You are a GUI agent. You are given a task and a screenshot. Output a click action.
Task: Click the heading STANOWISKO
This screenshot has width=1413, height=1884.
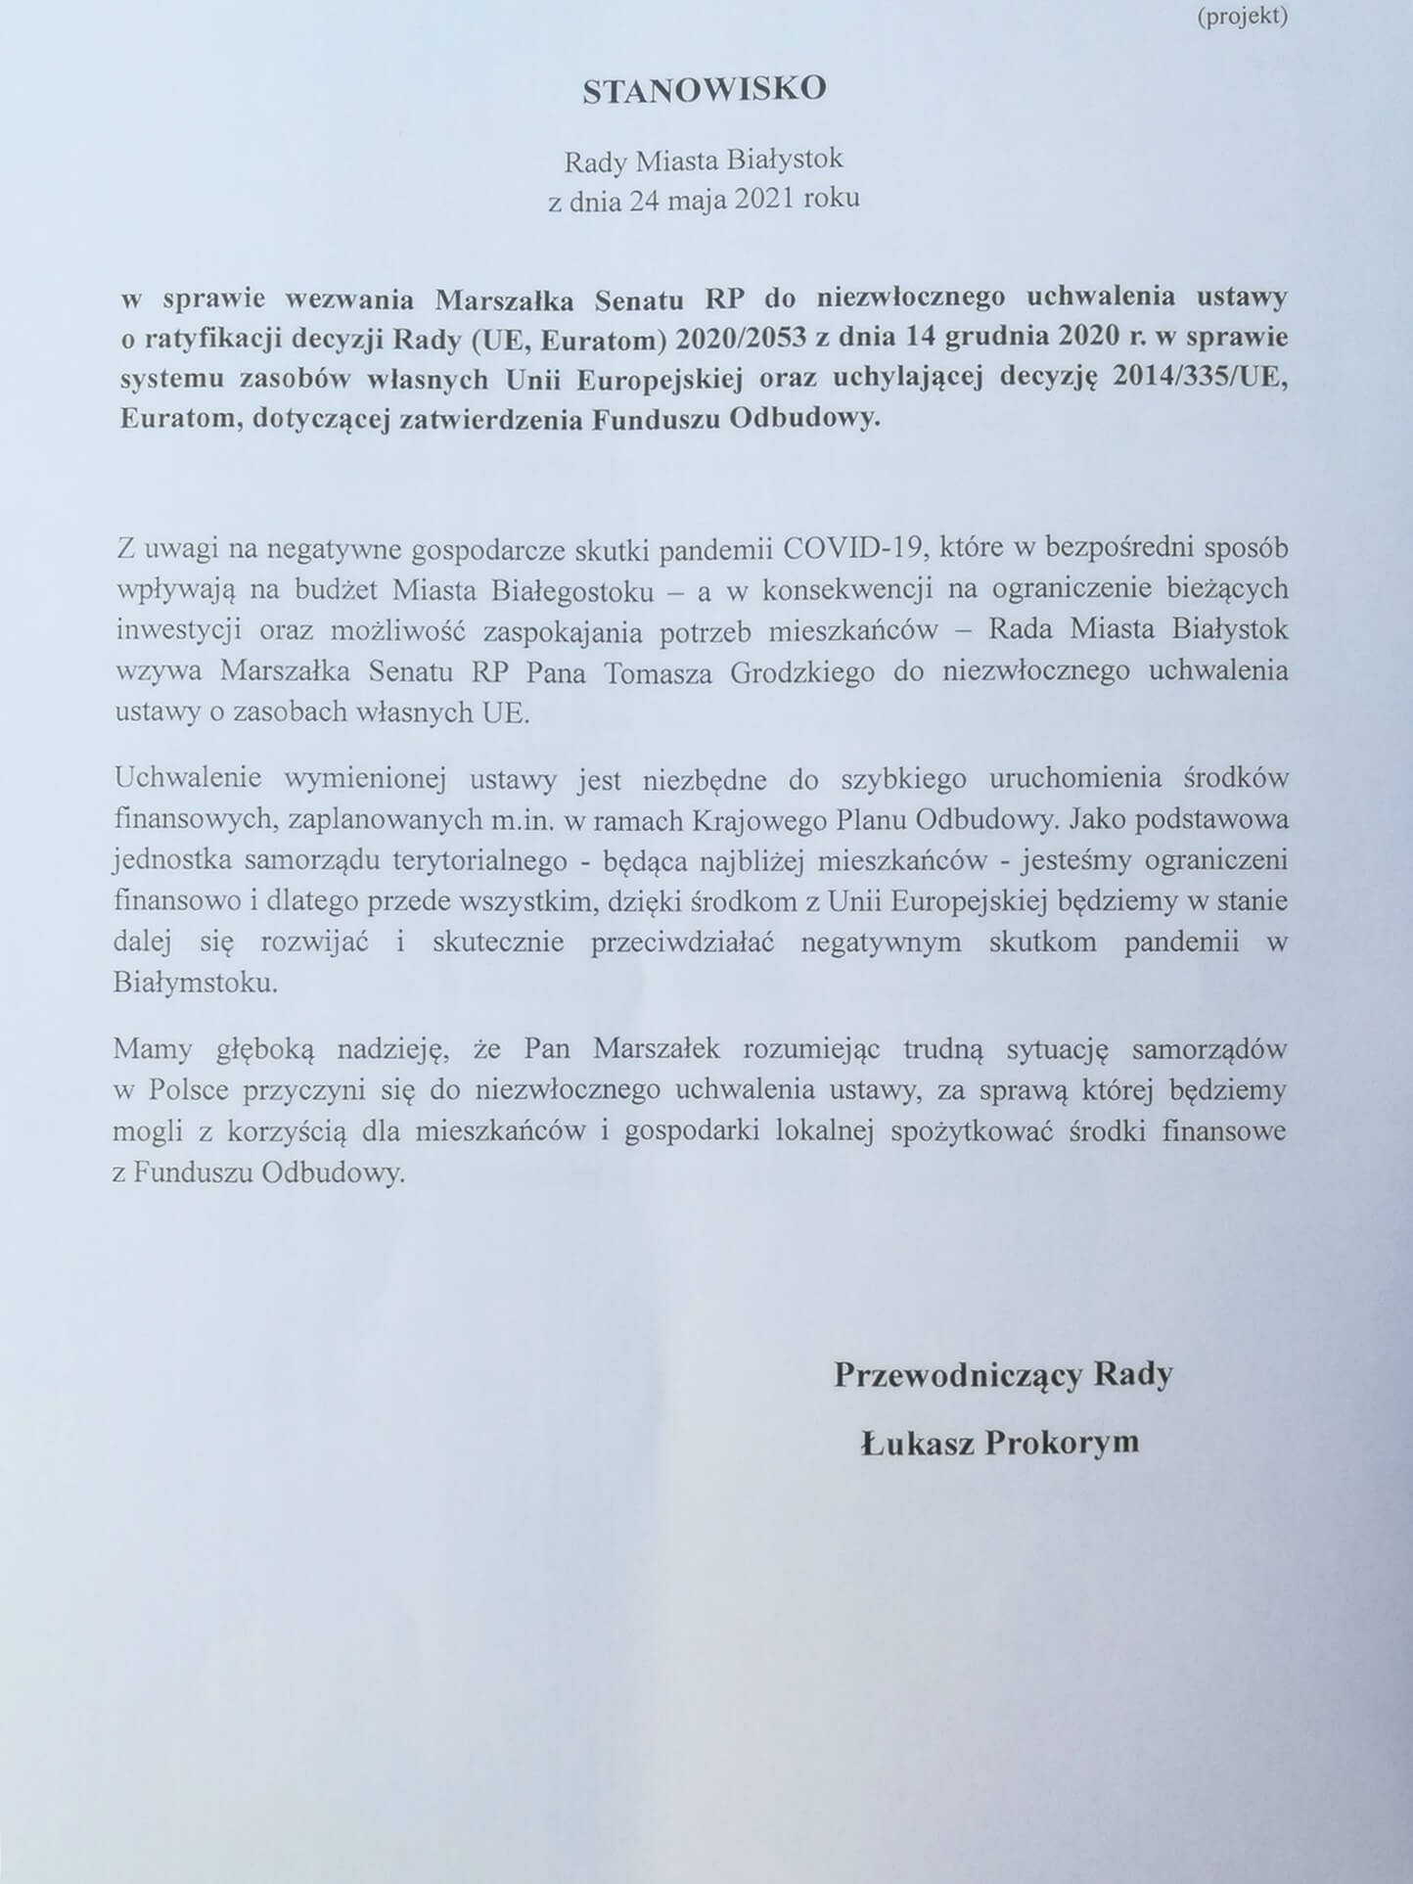point(705,90)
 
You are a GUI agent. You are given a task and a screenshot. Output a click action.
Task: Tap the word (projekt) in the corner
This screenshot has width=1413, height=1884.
point(1242,17)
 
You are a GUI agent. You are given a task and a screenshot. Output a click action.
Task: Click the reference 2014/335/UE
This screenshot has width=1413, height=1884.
point(1196,378)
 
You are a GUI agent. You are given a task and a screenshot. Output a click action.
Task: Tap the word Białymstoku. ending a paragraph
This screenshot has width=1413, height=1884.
point(196,983)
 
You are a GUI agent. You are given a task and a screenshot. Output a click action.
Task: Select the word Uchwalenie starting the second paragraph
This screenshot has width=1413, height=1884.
point(188,778)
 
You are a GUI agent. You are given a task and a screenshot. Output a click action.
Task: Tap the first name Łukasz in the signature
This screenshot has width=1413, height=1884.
point(916,1443)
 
